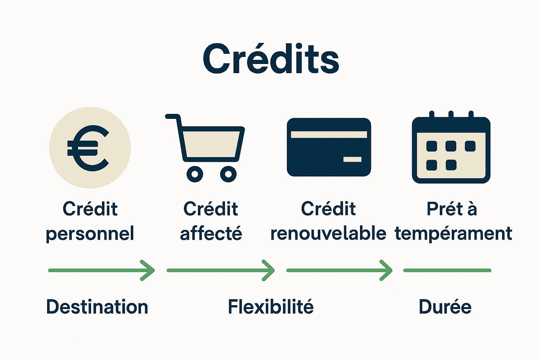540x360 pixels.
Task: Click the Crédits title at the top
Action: [271, 59]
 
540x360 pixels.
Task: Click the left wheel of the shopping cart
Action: [195, 174]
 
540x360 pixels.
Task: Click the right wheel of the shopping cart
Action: [228, 174]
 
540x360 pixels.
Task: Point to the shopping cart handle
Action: [172, 116]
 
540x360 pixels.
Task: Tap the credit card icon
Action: [329, 147]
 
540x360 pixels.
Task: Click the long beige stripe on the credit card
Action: [329, 135]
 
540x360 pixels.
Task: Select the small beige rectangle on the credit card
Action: [352, 160]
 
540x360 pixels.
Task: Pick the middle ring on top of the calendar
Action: [451, 115]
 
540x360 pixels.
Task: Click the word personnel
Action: [90, 233]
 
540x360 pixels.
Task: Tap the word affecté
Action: [211, 233]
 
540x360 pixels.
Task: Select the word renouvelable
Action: [328, 233]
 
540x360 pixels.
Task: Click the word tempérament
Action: [453, 233]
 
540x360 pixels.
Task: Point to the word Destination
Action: [97, 307]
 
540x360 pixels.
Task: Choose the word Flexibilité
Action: [270, 307]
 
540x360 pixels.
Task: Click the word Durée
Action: [445, 307]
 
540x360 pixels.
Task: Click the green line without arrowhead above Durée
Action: [447, 270]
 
